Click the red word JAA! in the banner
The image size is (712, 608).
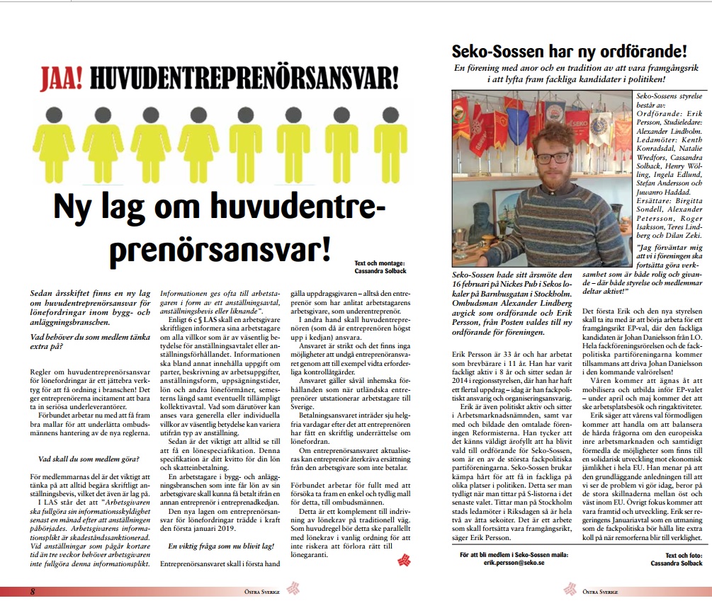(x=61, y=75)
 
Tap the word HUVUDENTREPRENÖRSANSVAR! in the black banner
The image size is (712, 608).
(x=242, y=75)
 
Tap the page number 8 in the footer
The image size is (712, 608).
(x=32, y=591)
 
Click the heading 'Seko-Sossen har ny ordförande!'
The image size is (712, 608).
(x=569, y=51)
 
